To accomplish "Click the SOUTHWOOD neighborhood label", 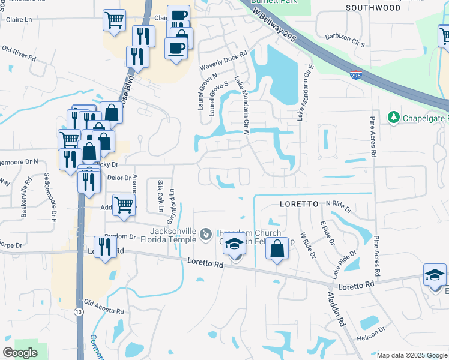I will tap(373, 8).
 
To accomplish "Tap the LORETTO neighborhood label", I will tap(299, 204).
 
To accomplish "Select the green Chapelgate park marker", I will tap(394, 116).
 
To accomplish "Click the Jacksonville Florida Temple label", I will tap(173, 235).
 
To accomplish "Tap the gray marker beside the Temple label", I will tap(205, 233).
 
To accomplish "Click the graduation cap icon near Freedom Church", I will tap(235, 245).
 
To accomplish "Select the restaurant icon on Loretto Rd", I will tap(105, 247).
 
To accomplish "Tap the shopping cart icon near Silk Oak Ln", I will tap(124, 204).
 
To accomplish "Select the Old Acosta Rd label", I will tap(103, 307).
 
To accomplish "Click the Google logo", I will tap(20, 353).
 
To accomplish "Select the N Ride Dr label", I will tap(339, 205).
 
